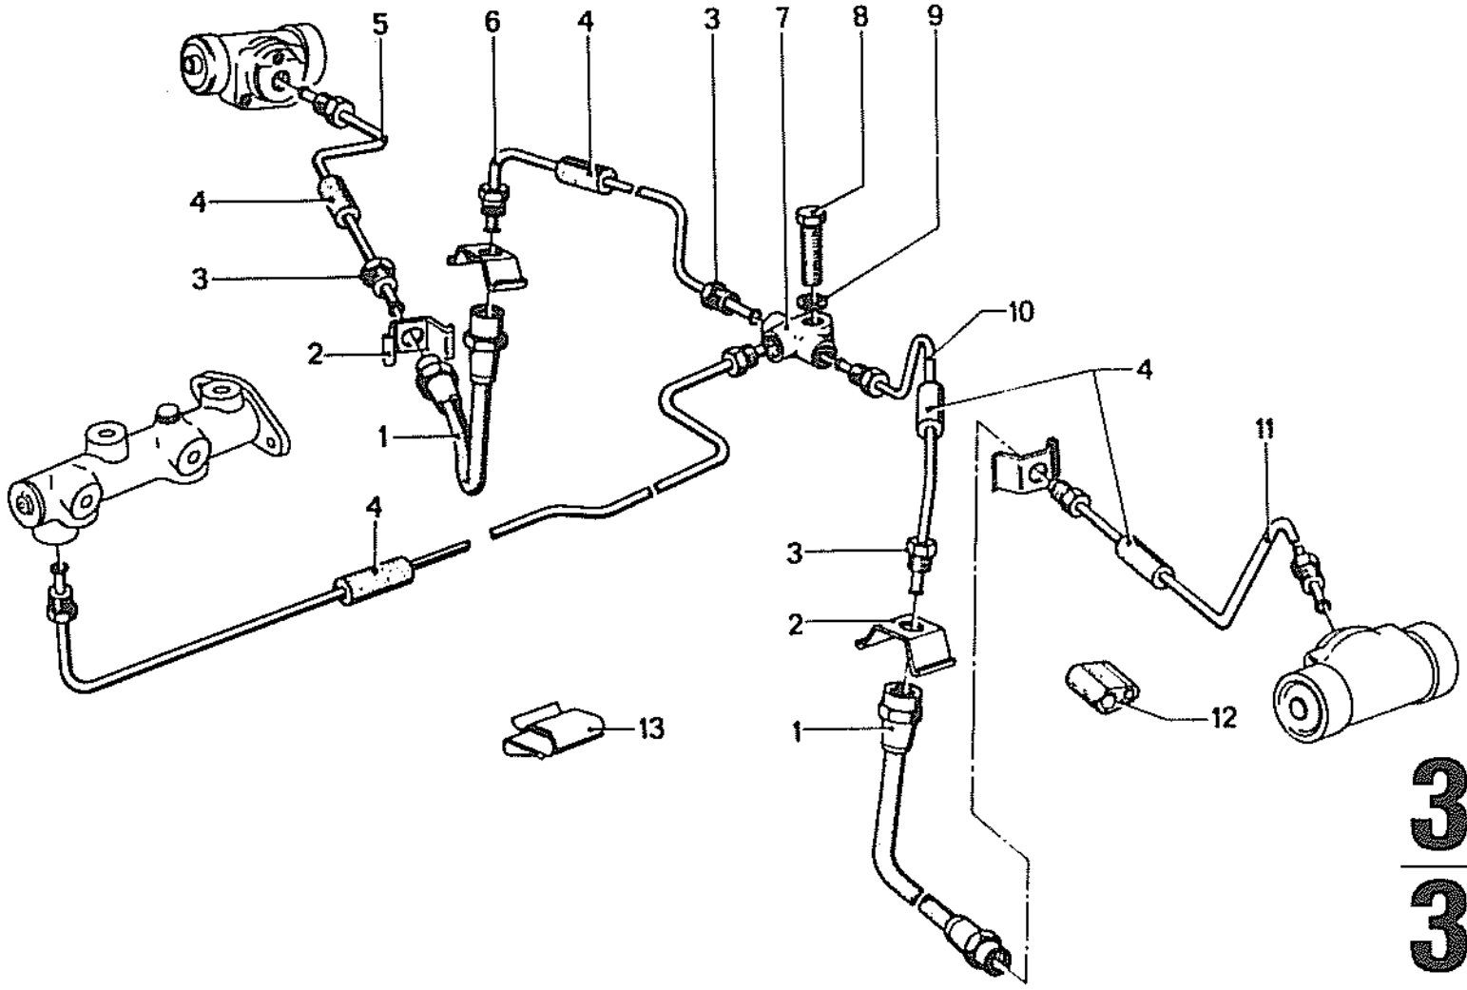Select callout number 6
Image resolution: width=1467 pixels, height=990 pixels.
(492, 22)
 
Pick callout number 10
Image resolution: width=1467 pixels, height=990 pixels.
(1019, 312)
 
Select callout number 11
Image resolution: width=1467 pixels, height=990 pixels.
(1268, 430)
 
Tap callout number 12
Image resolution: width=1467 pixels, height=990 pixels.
(1224, 718)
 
